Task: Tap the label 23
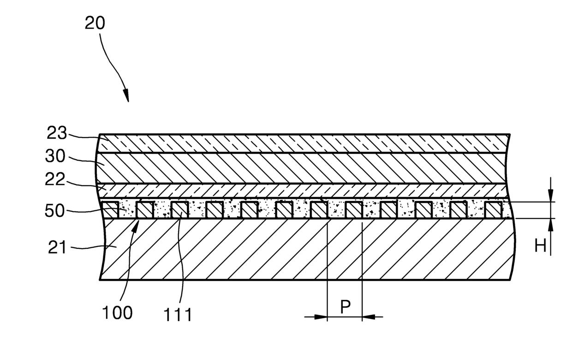coord(57,134)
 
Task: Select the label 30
coord(55,156)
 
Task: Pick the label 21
coord(57,248)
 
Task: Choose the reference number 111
coord(178,315)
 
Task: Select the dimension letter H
coord(540,246)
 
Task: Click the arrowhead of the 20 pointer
coord(126,97)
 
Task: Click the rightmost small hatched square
coord(494,210)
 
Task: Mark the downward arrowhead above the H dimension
coord(550,198)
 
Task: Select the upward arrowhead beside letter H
coord(550,223)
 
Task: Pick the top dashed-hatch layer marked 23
coord(304,143)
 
